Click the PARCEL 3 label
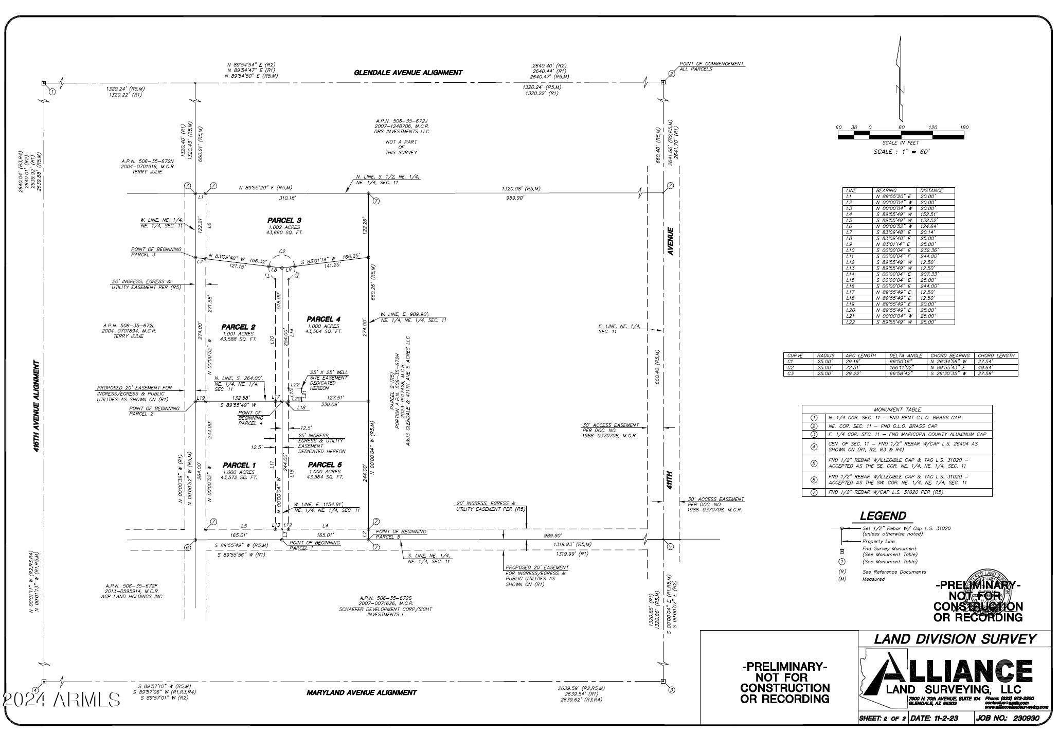click(x=284, y=221)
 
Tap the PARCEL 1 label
click(x=239, y=466)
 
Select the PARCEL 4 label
click(x=324, y=319)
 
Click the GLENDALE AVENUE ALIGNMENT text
click(x=408, y=73)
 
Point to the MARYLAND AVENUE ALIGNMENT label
click(x=362, y=692)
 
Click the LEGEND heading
click(x=883, y=516)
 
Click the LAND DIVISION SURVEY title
click(x=955, y=639)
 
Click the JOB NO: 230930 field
click(x=1010, y=718)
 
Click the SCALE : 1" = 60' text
click(x=901, y=152)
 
